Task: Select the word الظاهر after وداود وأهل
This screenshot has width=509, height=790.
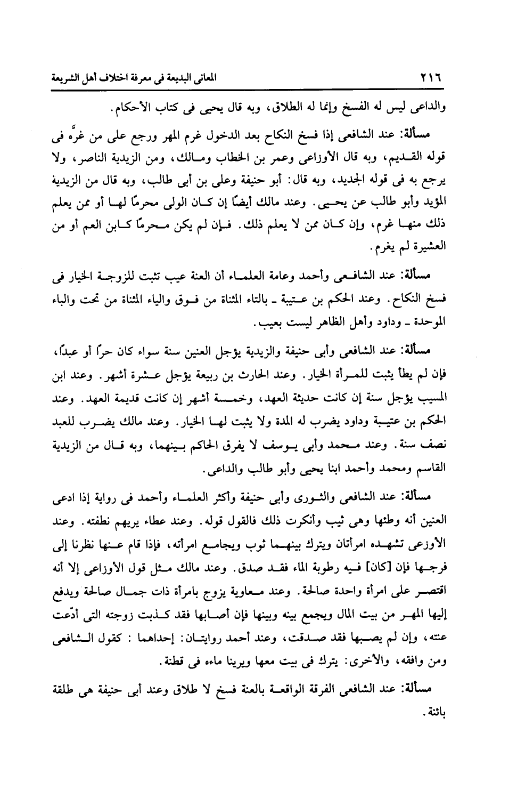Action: click(x=320, y=323)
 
